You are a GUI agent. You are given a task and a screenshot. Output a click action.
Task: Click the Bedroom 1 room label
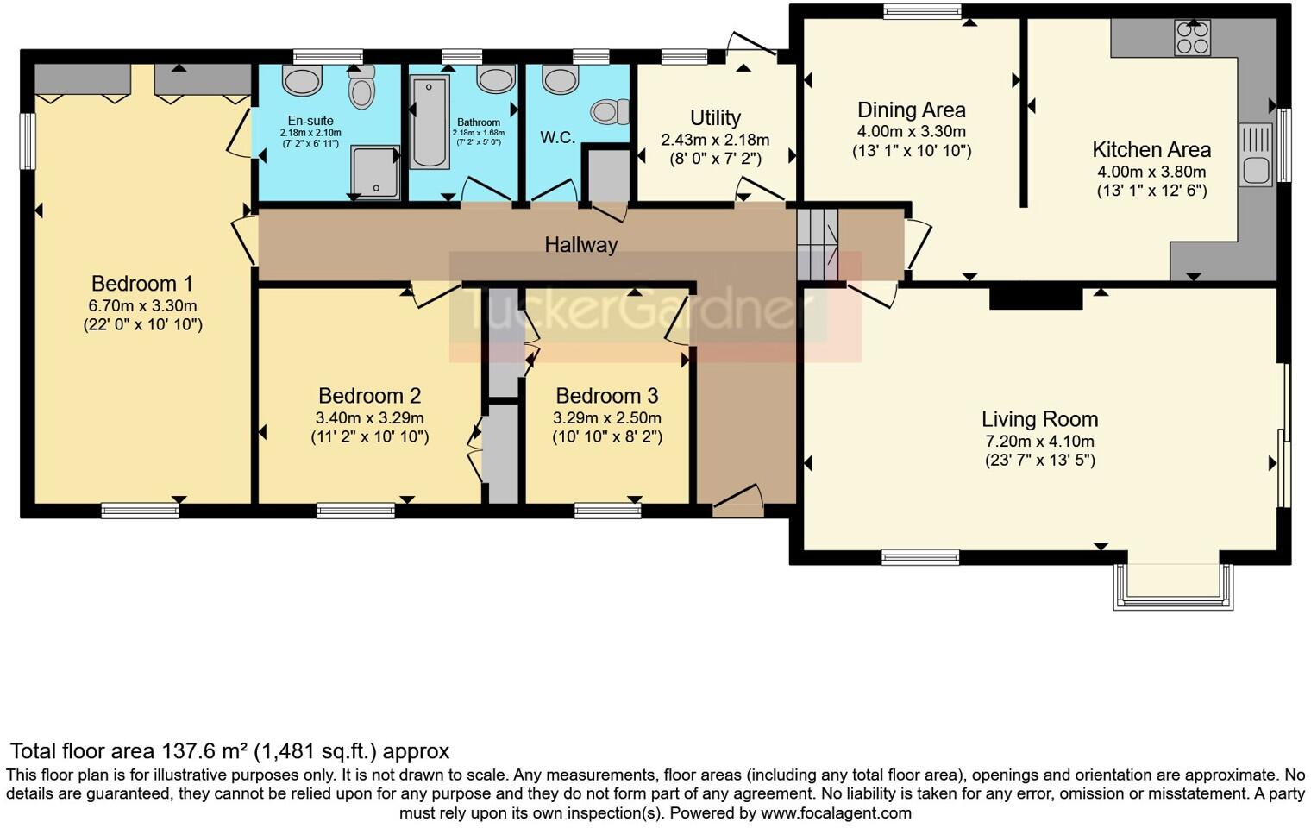(142, 284)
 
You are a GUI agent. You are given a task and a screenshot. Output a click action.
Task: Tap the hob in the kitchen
(1193, 38)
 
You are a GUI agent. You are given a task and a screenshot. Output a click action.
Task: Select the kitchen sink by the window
(1256, 155)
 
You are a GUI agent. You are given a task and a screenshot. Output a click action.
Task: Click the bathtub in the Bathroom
(430, 122)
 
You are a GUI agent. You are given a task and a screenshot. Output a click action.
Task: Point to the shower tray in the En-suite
(375, 172)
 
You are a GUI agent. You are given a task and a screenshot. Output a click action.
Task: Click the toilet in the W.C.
(610, 111)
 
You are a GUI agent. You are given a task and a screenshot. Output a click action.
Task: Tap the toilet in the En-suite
(361, 88)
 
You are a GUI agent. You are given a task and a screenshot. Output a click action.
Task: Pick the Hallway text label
(581, 245)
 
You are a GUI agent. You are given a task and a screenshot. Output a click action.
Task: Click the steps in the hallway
(818, 245)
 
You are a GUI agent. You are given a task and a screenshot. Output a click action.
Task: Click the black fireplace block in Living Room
(1036, 298)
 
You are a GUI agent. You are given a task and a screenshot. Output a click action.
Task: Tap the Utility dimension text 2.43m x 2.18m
(715, 140)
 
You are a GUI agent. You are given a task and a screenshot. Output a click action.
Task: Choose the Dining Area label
(912, 110)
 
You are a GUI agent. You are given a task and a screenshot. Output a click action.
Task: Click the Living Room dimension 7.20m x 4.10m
(1039, 442)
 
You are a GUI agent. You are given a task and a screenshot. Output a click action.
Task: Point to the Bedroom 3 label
(607, 396)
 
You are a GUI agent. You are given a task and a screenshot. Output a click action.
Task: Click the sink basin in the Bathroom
(496, 79)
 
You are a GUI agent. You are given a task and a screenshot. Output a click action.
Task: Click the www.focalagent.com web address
(836, 813)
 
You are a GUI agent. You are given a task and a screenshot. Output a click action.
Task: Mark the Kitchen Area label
(1151, 150)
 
